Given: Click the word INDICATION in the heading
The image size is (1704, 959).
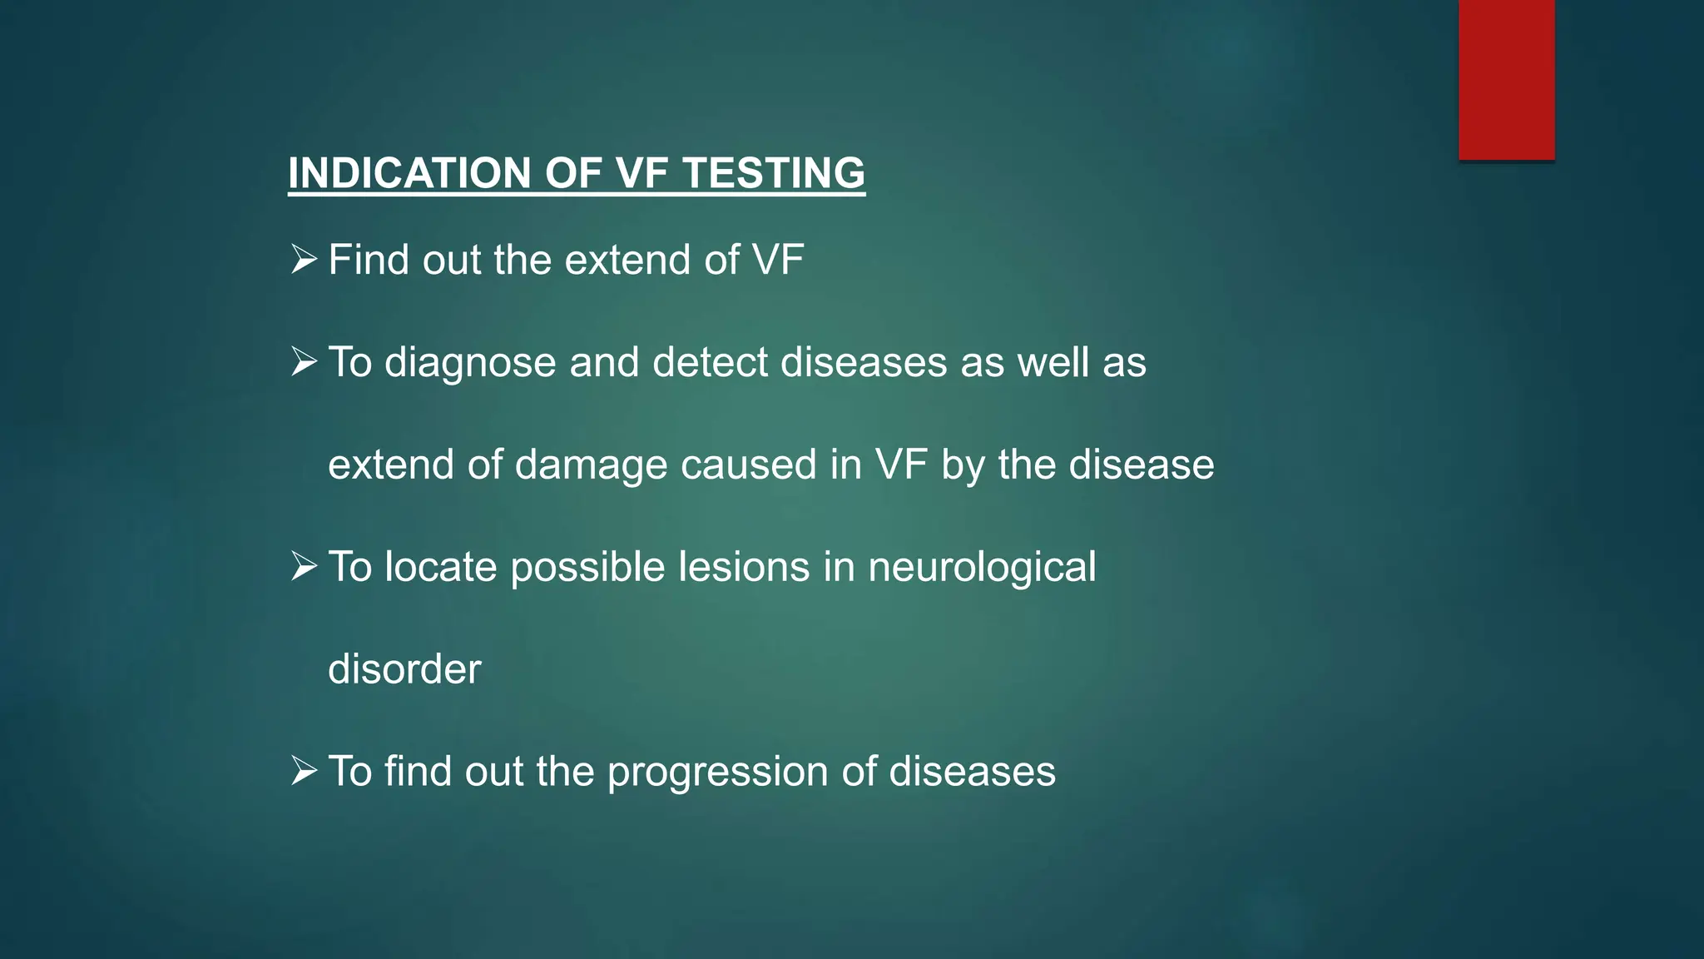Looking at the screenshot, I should click(410, 173).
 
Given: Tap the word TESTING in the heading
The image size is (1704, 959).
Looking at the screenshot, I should click(774, 173).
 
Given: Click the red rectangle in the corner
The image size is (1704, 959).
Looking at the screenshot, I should click(1506, 79).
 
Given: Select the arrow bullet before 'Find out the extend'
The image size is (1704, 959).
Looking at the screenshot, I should click(304, 260).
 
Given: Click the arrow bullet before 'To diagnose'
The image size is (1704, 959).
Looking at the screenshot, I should click(304, 362).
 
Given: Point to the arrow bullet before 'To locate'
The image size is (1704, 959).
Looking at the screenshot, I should click(304, 567).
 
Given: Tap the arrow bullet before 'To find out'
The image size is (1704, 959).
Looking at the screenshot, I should click(304, 771).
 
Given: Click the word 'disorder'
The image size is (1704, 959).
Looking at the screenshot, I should click(404, 669).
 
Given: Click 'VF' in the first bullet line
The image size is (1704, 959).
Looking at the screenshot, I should click(778, 260).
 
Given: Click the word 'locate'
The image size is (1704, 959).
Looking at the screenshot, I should click(440, 567).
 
